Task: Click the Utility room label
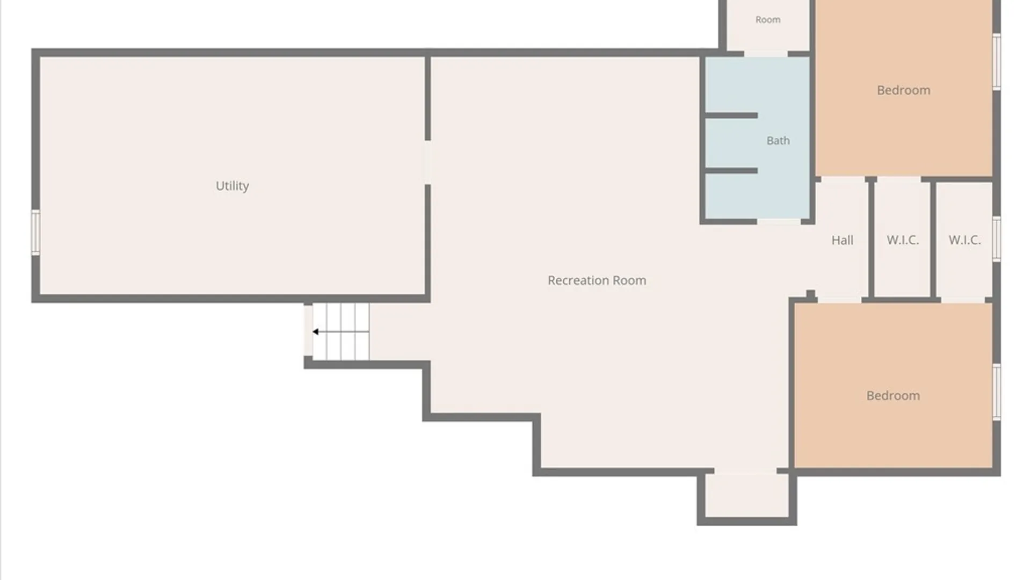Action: pos(232,186)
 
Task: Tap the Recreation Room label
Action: pos(597,280)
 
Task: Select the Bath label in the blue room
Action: pos(778,141)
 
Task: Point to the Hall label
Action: pos(842,240)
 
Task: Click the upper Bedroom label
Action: pos(903,90)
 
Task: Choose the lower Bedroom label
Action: pos(893,396)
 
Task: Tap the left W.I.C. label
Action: pos(903,240)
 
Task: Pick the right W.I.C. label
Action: pos(964,240)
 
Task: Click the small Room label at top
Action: pos(768,20)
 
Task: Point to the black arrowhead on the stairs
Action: pos(316,332)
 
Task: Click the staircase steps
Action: pos(341,331)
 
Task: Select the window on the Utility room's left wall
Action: pos(35,232)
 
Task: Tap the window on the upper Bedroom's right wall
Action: pos(997,61)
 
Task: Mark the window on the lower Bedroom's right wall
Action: pos(997,392)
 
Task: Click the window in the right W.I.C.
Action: pos(997,239)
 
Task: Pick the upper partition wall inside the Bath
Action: pos(731,115)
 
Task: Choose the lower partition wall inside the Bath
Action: pos(731,171)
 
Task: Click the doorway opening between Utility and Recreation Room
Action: pos(428,163)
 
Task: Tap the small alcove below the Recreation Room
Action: pos(746,495)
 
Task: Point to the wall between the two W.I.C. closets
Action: pos(933,240)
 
